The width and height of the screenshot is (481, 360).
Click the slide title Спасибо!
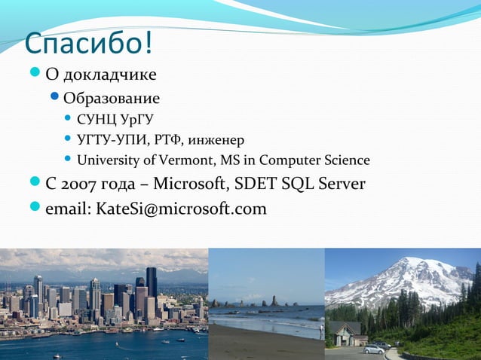point(88,44)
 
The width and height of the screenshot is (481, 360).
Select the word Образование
point(112,99)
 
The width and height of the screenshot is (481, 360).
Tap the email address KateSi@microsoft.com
point(181,209)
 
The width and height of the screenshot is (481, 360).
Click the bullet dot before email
point(34,209)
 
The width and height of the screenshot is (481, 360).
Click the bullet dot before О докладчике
point(34,75)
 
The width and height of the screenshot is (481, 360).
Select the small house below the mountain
point(346,333)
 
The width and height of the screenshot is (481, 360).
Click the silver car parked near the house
point(373,349)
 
